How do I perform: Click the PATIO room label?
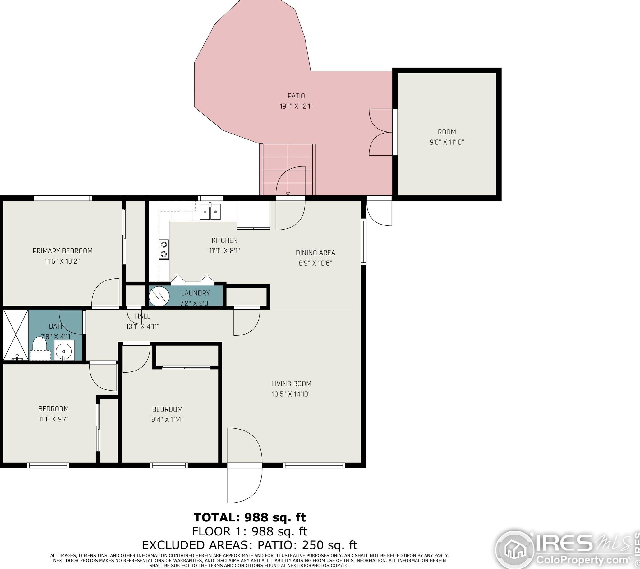tap(296, 96)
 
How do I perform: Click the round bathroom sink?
tap(64, 350)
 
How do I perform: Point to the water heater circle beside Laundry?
tap(159, 296)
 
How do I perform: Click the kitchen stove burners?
tap(164, 249)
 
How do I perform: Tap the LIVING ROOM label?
tap(291, 384)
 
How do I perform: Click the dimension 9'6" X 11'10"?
tap(447, 142)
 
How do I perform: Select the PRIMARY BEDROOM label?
tap(62, 251)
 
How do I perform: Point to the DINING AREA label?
tap(315, 253)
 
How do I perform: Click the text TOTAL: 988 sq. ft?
tap(250, 517)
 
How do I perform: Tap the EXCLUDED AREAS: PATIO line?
tap(250, 545)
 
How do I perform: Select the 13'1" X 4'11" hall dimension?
tap(142, 326)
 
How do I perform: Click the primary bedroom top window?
tap(63, 198)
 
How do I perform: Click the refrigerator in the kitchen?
tap(253, 215)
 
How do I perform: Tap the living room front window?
tap(314, 466)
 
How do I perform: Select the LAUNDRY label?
tap(196, 293)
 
